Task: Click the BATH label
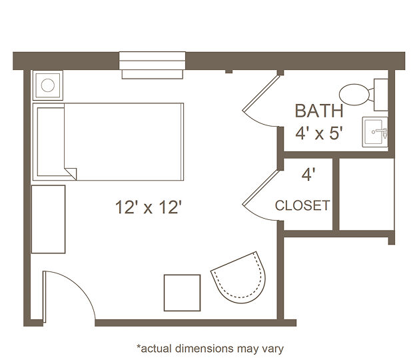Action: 319,111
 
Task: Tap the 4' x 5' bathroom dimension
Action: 318,133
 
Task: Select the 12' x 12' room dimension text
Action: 149,207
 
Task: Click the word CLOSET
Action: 302,205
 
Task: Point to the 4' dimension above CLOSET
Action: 308,175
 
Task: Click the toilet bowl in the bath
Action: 354,95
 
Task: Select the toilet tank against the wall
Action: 381,95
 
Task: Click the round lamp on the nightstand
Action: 48,85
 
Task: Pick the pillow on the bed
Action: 51,141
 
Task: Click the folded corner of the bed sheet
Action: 71,173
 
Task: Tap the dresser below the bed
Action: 49,219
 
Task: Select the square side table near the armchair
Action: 182,293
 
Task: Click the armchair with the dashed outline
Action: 239,277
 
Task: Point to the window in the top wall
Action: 152,65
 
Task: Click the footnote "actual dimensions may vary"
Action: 210,348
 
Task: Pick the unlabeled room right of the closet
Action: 366,194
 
